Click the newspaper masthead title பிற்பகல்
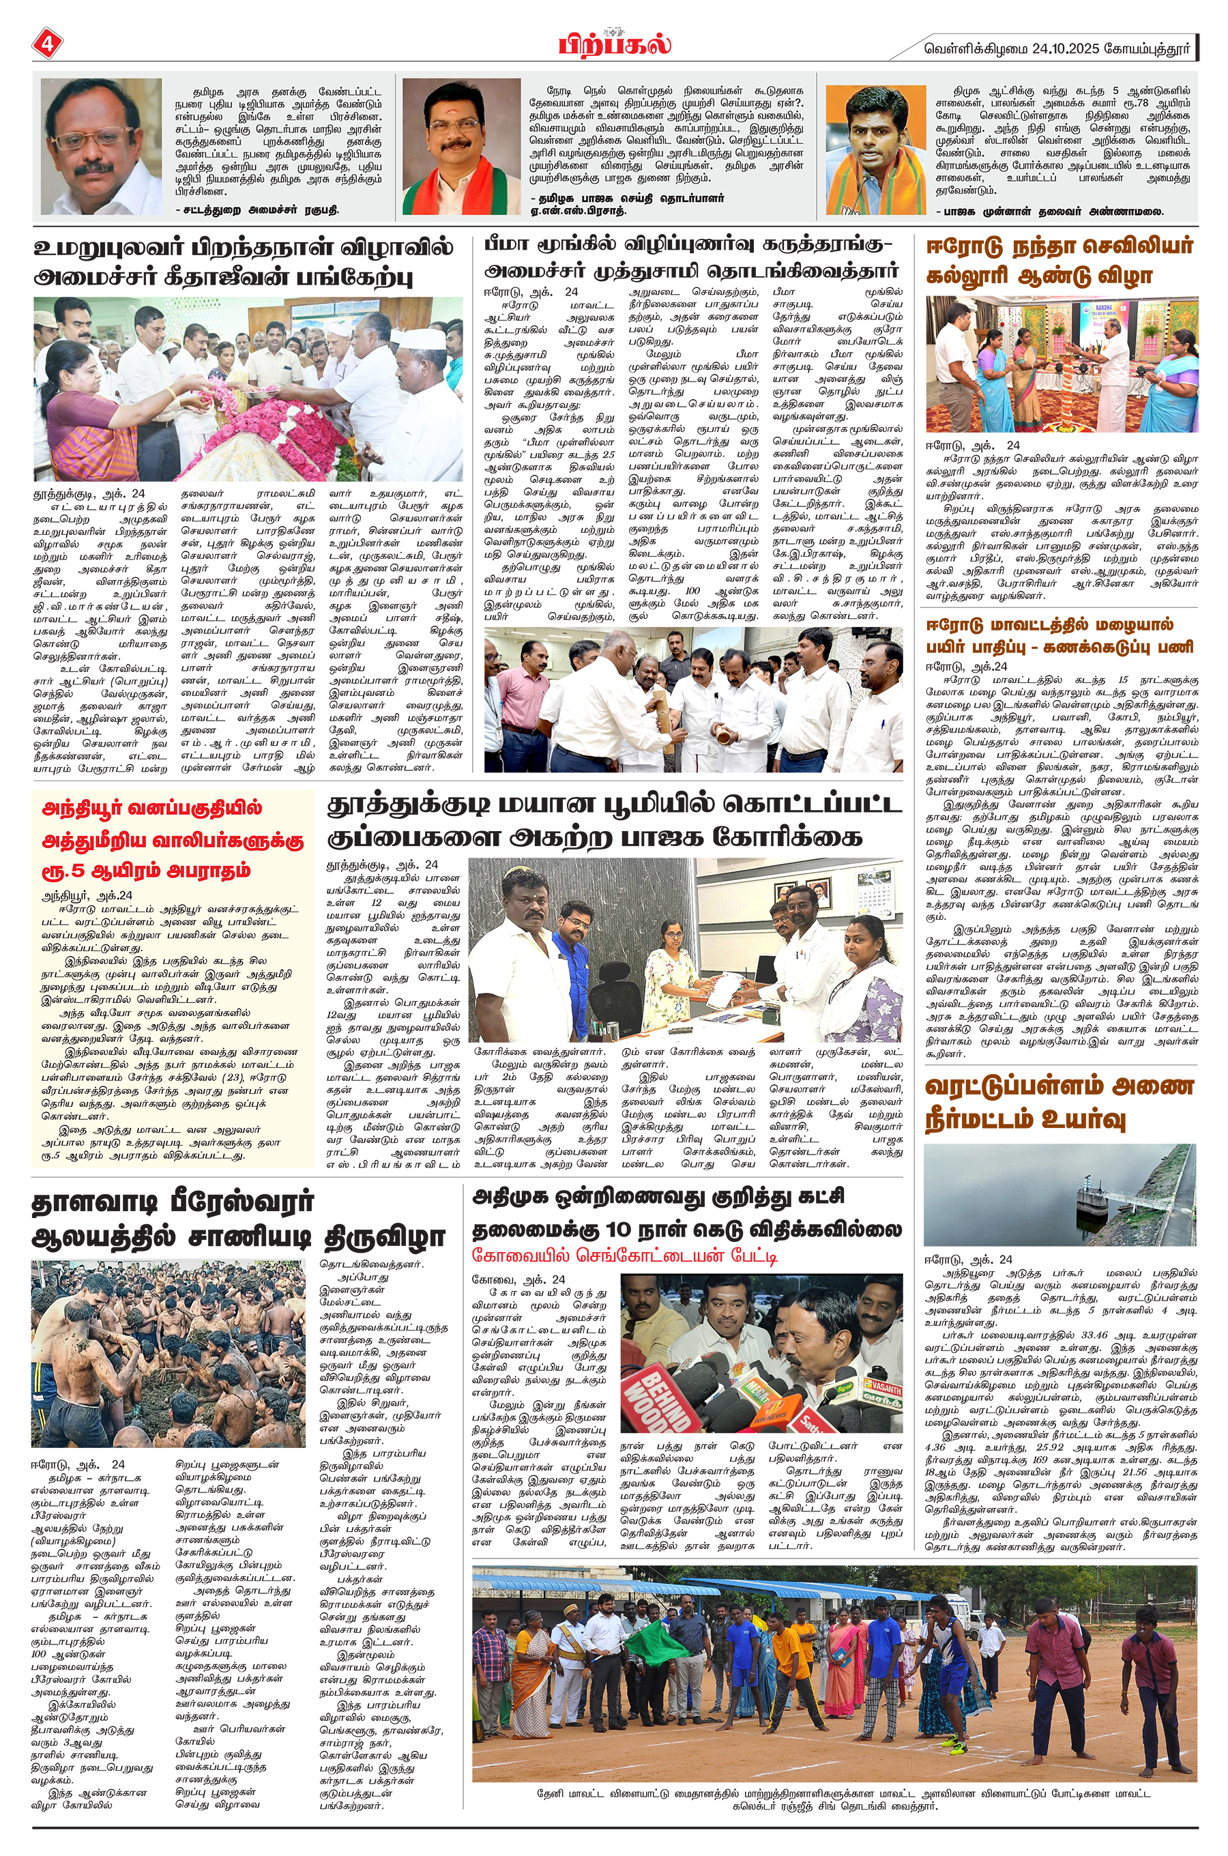tap(614, 44)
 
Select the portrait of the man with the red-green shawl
tap(461, 147)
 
